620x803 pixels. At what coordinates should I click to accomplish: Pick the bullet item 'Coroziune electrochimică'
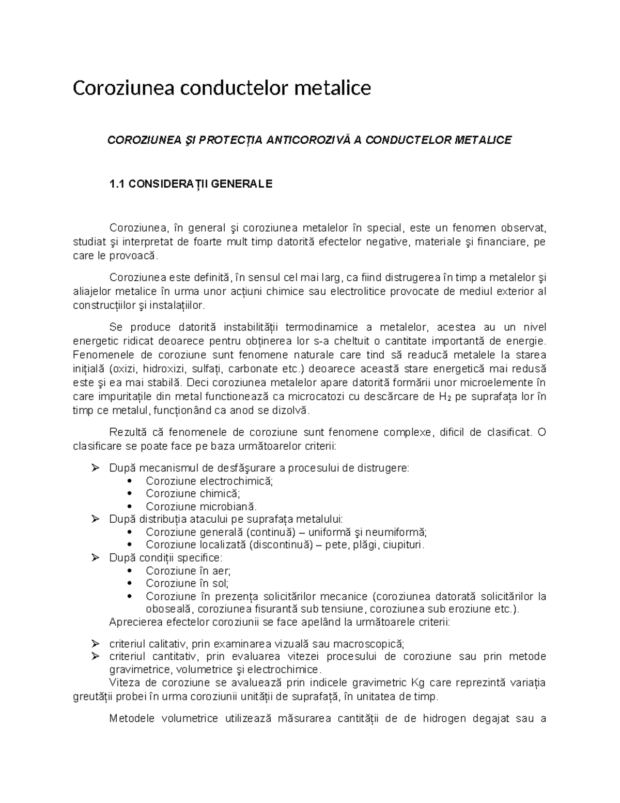tap(209, 481)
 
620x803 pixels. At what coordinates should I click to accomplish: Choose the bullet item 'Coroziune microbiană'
tap(201, 507)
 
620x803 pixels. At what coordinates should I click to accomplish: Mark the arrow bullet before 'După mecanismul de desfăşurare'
tap(95, 468)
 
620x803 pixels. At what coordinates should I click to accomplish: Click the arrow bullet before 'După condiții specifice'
tap(95, 558)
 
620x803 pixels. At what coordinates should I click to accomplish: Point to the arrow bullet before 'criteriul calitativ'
tap(95, 644)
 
